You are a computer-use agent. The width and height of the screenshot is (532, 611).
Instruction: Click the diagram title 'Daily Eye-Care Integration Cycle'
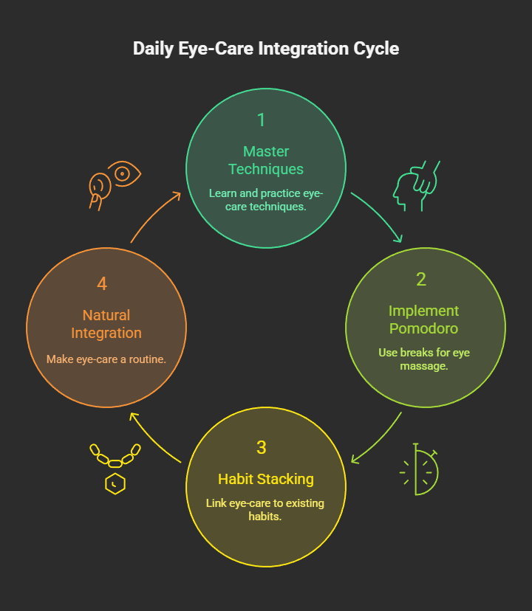(x=266, y=49)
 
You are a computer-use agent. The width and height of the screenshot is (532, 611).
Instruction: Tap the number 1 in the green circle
(x=261, y=120)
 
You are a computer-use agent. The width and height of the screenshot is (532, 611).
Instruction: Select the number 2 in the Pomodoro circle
(x=421, y=280)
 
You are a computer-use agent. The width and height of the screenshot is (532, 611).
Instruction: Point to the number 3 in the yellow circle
(x=262, y=448)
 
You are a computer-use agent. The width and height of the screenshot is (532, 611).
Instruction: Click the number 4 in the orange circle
(x=102, y=284)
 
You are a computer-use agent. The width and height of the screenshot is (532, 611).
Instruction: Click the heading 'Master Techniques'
(x=266, y=160)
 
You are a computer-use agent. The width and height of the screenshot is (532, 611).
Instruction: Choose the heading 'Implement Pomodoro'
(x=424, y=320)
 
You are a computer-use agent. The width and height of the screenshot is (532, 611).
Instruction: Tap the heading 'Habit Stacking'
(x=266, y=479)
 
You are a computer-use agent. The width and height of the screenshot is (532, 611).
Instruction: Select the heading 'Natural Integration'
(x=106, y=324)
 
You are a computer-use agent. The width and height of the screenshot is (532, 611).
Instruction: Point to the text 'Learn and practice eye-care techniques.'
(x=266, y=200)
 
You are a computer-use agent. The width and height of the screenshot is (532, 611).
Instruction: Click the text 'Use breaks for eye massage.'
(x=424, y=359)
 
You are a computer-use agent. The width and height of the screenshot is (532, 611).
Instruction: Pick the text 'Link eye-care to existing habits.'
(x=266, y=510)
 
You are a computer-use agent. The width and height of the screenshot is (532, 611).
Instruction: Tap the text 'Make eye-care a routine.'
(x=106, y=359)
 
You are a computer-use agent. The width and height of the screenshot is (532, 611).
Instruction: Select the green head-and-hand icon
(x=416, y=186)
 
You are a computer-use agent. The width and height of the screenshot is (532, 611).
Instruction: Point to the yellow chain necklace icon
(x=115, y=466)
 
